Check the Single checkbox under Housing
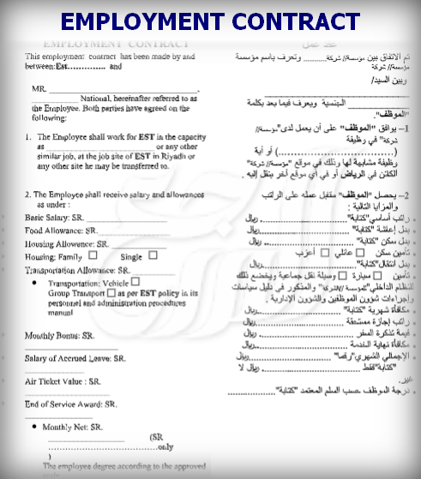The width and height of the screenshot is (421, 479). tap(153, 254)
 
